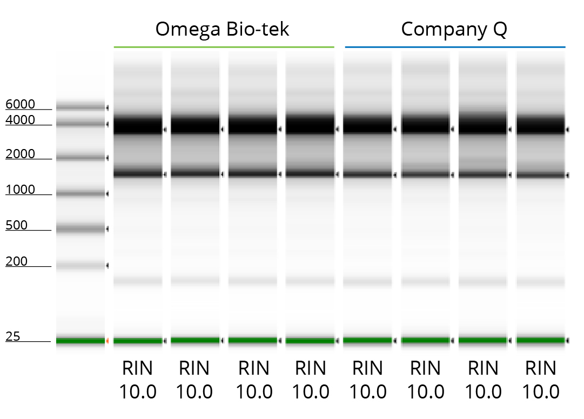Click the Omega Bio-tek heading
pos(222,29)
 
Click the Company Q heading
pos(454,29)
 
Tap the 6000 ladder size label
pos(20,104)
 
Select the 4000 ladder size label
pos(20,120)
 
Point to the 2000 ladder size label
pos(20,154)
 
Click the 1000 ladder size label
pos(20,190)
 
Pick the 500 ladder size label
pos(16,225)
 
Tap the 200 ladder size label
pos(16,261)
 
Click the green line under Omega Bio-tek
pos(224,47)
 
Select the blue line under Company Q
pos(455,47)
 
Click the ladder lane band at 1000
pos(80,193)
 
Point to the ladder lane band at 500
pos(80,229)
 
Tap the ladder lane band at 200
pos(80,265)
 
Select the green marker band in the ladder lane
pos(80,341)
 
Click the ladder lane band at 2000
pos(80,158)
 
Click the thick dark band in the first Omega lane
pos(138,126)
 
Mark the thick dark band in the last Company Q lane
pos(540,126)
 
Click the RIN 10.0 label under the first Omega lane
pos(137,380)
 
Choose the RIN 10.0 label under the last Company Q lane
pos(540,380)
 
